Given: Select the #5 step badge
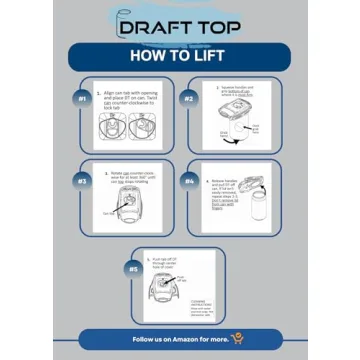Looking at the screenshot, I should pos(133,268).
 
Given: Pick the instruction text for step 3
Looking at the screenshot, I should pos(136,174).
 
